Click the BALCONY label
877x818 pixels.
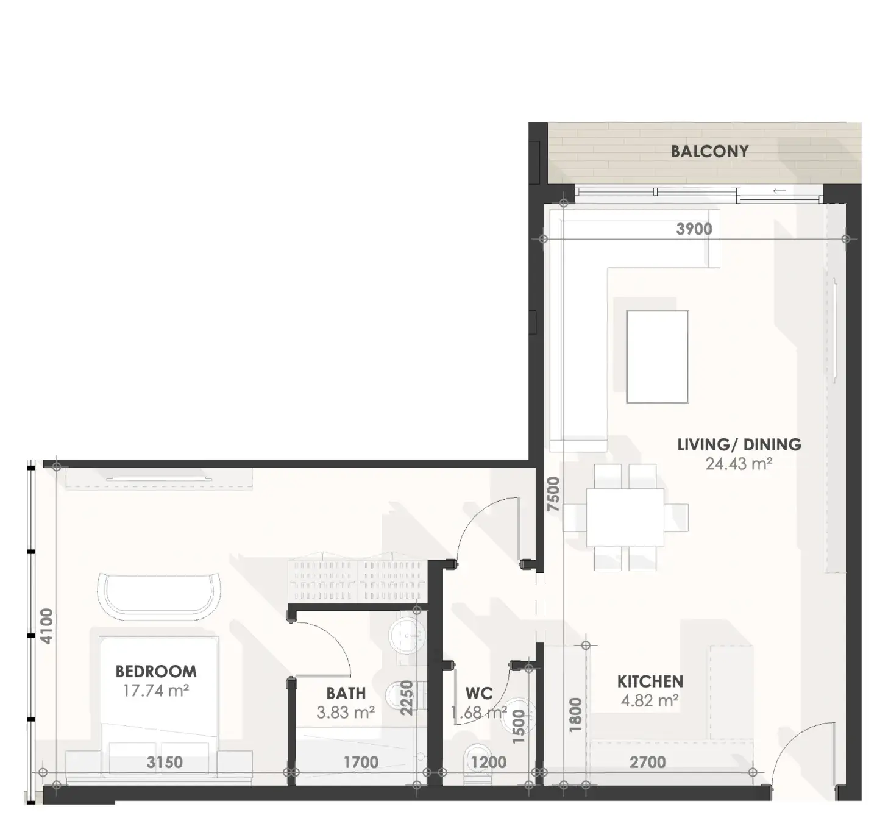click(709, 152)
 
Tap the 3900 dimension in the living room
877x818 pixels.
click(694, 229)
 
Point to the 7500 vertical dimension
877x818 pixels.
click(553, 494)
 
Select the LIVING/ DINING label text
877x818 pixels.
click(739, 445)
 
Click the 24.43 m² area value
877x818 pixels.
click(739, 464)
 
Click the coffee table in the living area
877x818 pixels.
click(657, 357)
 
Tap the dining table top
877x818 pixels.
click(625, 517)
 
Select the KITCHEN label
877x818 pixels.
click(650, 681)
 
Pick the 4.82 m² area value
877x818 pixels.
click(650, 700)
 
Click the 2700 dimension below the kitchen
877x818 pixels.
click(647, 762)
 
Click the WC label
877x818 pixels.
click(479, 694)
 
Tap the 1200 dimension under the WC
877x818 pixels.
click(488, 762)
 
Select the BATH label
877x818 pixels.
click(346, 694)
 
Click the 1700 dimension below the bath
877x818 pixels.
click(361, 762)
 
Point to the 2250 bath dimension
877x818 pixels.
click(407, 698)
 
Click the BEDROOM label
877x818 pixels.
click(156, 671)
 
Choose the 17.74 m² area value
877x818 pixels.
click(156, 691)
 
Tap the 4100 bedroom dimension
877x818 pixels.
click(46, 627)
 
